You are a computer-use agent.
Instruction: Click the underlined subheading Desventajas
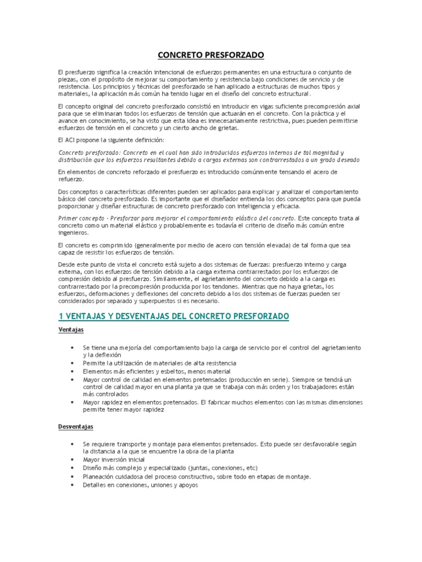coord(76,426)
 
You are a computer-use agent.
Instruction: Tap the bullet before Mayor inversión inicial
coord(73,459)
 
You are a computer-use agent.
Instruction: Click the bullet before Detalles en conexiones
coord(73,486)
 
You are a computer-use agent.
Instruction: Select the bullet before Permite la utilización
coord(73,363)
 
